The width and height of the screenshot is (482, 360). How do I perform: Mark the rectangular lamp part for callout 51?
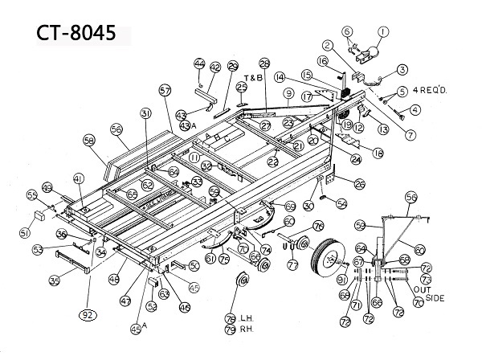coord(38,217)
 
